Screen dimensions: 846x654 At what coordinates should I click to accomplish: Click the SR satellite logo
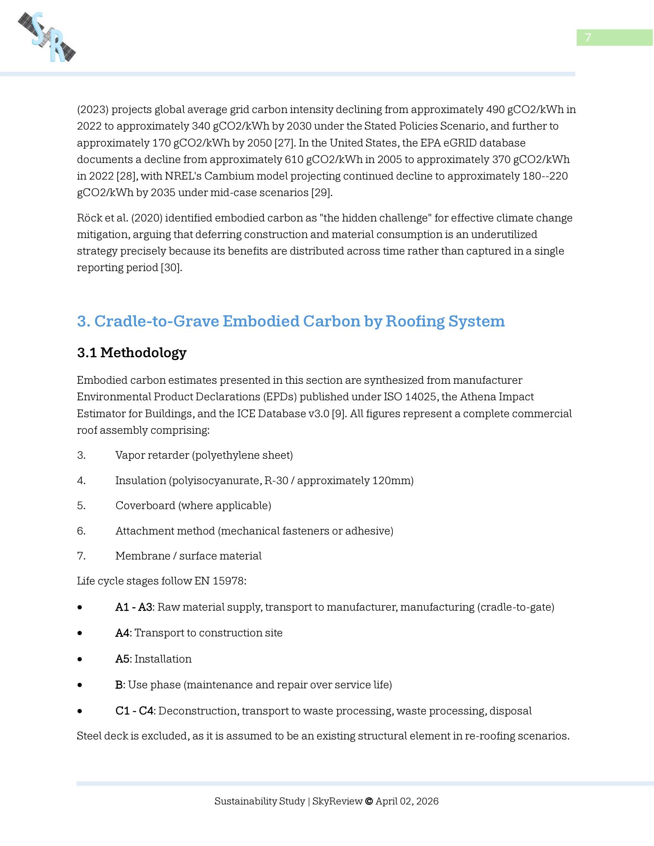[47, 37]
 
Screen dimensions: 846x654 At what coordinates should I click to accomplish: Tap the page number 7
[588, 38]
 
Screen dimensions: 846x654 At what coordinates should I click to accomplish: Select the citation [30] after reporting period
[171, 268]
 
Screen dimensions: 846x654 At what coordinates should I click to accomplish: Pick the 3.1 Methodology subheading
[132, 353]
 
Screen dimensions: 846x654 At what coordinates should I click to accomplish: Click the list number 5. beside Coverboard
[81, 506]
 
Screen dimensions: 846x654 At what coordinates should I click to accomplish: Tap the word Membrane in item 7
[143, 556]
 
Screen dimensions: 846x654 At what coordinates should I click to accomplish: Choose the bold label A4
[122, 633]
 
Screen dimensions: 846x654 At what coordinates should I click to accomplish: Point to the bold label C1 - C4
[135, 711]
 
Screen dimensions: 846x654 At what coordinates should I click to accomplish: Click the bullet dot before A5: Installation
[80, 659]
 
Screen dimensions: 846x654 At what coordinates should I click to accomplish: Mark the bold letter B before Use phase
[119, 685]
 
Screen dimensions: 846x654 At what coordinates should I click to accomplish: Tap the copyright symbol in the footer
[369, 801]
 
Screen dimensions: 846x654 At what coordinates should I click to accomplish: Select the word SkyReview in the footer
[337, 801]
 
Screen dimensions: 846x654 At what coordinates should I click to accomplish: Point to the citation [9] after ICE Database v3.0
[339, 414]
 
